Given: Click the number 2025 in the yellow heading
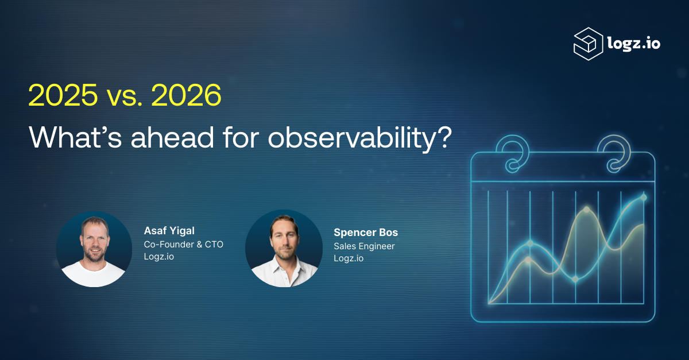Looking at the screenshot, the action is pos(63,95).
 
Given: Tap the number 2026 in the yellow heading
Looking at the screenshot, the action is pos(186,95).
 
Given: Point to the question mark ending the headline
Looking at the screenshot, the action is pos(444,136).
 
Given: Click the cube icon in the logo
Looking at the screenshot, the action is pos(588,44).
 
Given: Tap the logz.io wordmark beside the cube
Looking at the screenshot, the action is pos(634,44).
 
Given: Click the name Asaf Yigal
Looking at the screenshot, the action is pos(169,231).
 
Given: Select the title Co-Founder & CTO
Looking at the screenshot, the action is pos(183,245).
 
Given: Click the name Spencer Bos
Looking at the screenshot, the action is pos(366,233).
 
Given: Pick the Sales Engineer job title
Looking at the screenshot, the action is pos(364,246).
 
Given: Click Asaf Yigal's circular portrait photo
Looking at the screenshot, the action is pos(94,249).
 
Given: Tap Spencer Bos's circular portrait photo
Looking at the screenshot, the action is pos(284,249).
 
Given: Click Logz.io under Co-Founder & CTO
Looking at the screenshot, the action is pos(158,257).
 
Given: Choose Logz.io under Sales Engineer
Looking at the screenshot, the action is pos(349,258).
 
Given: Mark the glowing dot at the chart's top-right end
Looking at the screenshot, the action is pos(644,198).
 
